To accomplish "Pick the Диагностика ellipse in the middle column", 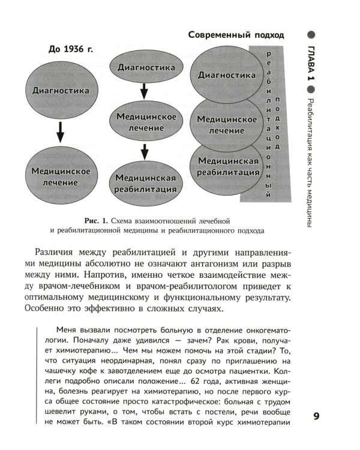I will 146,68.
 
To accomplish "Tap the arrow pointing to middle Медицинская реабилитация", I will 145,151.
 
